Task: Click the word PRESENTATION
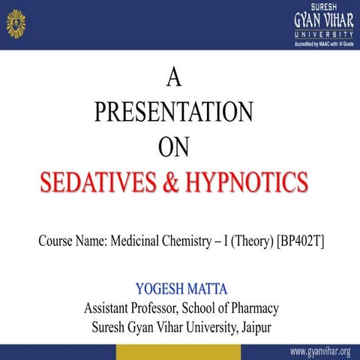click(174, 112)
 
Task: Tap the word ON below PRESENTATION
click(174, 146)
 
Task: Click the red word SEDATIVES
click(94, 181)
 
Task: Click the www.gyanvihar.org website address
click(319, 352)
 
